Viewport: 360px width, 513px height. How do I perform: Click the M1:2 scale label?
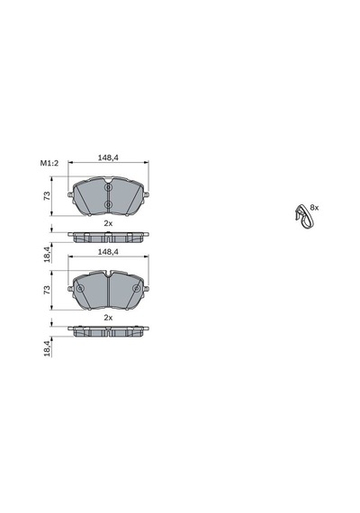point(49,163)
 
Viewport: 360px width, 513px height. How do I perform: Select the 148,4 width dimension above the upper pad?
point(108,157)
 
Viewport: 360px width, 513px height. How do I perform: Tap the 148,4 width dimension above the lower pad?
point(108,252)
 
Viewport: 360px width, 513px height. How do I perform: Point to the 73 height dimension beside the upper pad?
point(47,196)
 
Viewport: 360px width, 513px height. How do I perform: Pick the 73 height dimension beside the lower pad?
point(47,290)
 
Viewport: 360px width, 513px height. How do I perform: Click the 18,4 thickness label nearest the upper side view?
point(47,254)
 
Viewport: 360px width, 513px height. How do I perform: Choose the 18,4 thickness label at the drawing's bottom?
point(47,348)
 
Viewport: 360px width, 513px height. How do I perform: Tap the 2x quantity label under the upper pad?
point(108,223)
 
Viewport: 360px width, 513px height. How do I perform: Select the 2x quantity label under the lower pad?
point(108,318)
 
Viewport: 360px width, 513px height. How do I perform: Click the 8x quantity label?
point(314,207)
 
